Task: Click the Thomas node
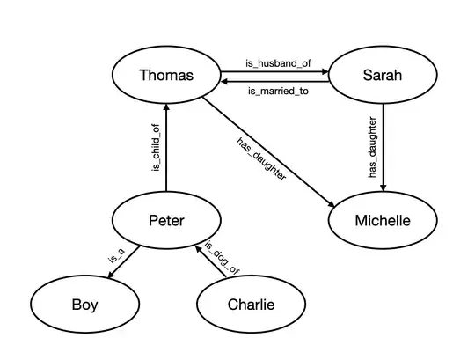tap(166, 75)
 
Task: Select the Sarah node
tap(382, 75)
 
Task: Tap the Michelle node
tap(382, 220)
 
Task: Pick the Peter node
tap(166, 220)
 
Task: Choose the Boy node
tap(84, 305)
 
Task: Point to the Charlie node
tap(251, 305)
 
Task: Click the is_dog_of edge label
tap(222, 256)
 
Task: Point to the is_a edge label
tap(115, 256)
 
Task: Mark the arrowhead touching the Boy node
tap(109, 277)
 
